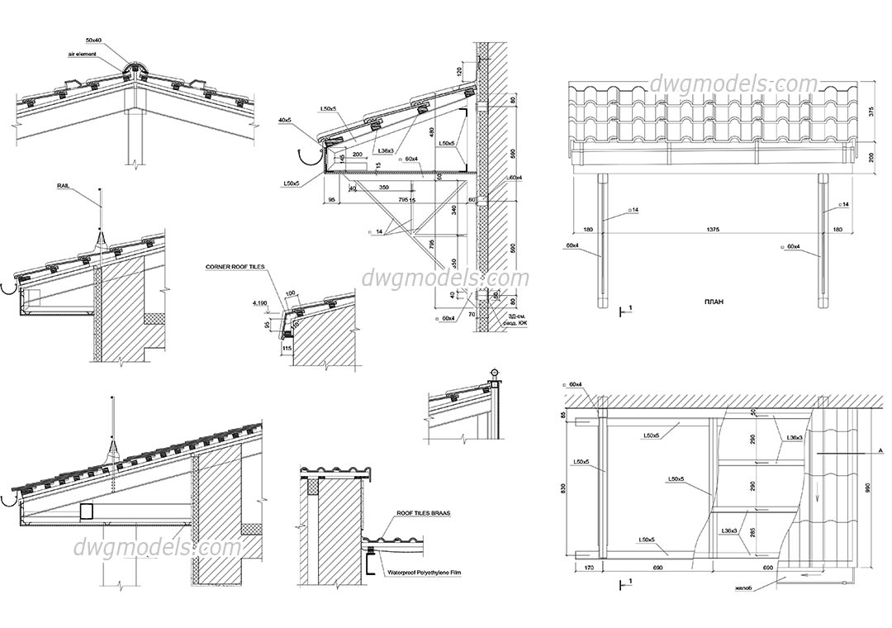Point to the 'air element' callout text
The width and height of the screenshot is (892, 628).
[x=83, y=54]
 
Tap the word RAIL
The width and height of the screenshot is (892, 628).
[x=66, y=187]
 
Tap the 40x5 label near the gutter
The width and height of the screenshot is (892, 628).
[x=286, y=121]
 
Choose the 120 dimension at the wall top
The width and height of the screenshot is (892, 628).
[x=459, y=73]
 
